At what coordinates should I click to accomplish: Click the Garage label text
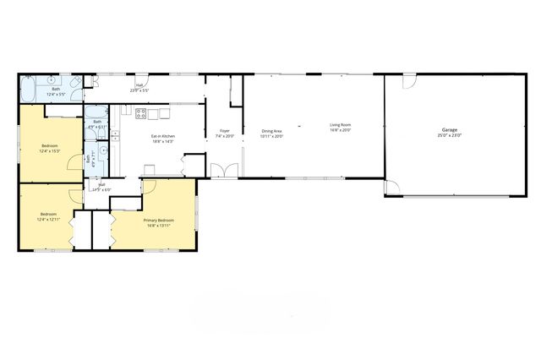449,131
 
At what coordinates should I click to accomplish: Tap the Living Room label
341,126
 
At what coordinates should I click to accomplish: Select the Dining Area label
271,131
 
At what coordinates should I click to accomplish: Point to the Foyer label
225,131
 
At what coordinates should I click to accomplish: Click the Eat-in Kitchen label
163,136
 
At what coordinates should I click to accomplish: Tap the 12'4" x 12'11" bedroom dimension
48,219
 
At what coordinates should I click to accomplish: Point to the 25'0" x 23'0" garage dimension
449,136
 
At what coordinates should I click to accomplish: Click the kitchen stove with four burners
141,112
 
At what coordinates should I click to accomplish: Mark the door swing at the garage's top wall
409,83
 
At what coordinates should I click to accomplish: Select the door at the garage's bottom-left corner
391,189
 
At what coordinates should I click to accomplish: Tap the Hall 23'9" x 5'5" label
139,86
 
